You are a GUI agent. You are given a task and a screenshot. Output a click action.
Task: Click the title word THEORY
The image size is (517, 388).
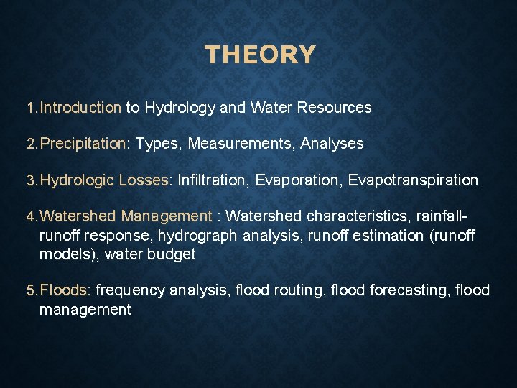259,55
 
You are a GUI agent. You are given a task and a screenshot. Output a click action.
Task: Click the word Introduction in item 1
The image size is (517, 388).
80,108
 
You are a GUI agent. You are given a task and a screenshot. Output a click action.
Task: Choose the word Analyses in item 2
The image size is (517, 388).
332,144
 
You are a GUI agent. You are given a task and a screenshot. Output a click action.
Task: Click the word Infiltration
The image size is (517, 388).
218,180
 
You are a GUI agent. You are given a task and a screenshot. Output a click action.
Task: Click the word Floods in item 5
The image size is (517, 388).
65,290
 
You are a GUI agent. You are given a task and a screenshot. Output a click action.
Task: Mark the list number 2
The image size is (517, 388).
30,144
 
